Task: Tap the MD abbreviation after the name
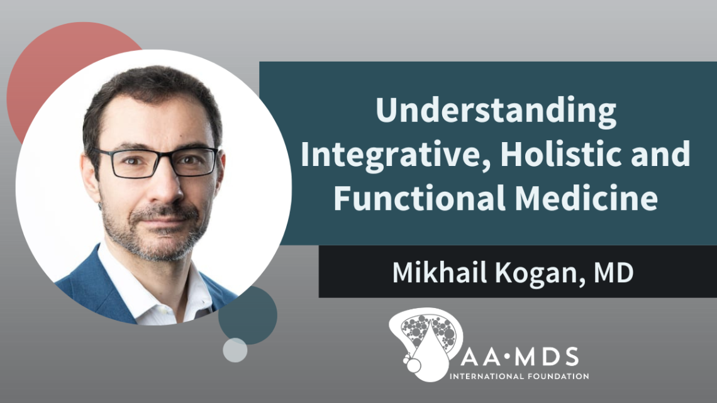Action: pos(613,272)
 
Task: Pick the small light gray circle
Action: pos(235,350)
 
